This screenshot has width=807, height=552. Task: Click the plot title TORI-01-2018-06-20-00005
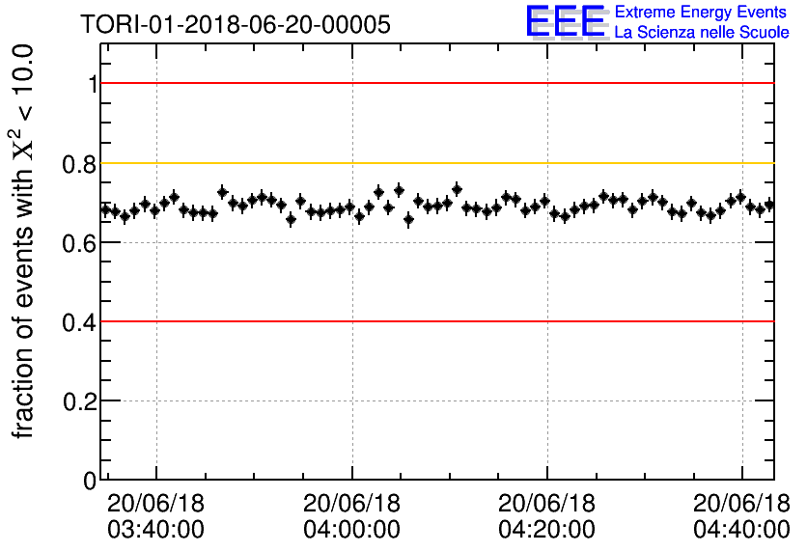point(236,25)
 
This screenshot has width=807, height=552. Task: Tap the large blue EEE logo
point(566,21)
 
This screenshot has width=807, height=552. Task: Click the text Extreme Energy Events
point(702,13)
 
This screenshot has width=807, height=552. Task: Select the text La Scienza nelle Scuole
point(702,33)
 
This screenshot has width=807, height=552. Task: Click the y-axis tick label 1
point(92,84)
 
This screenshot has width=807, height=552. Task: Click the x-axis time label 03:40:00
point(156,529)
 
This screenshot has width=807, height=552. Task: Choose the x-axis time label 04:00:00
point(351,529)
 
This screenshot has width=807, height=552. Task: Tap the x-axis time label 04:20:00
point(546,529)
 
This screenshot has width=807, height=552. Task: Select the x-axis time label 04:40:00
point(741,529)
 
